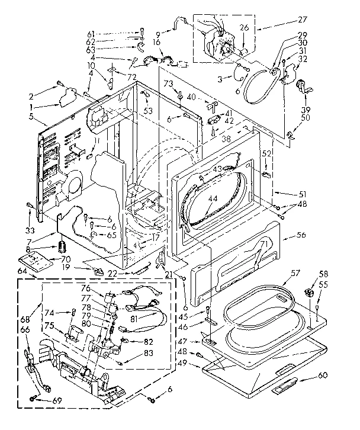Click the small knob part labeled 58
click(x=308, y=293)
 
